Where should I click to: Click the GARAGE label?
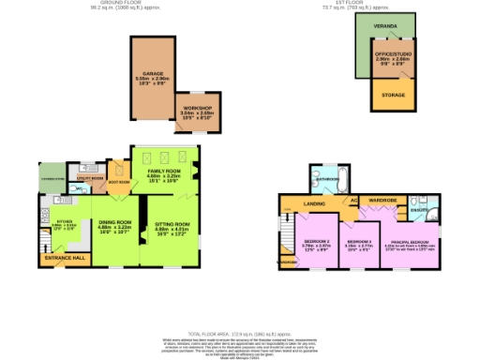point(154,72)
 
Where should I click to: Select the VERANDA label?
point(383,27)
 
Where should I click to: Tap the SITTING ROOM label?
point(172,224)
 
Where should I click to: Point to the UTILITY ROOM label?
point(89,176)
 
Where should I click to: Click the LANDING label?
point(315,200)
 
